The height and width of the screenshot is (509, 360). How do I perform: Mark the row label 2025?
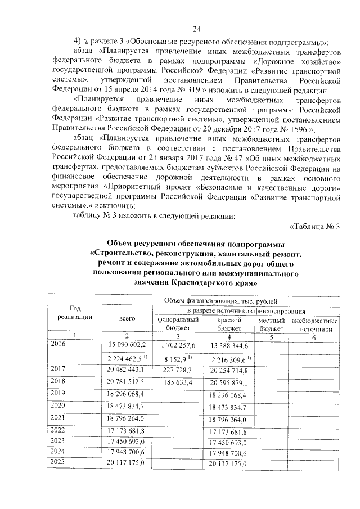coord(58,462)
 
